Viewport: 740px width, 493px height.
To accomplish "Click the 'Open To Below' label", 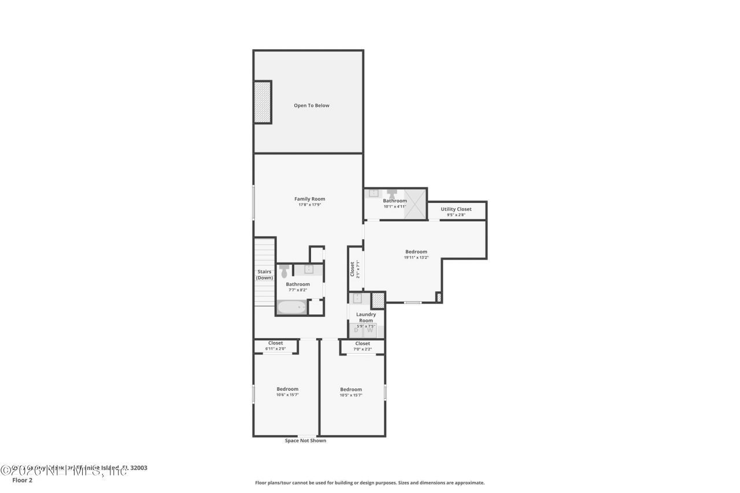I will pos(312,105).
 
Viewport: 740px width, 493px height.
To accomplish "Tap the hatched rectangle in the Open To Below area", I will pos(262,102).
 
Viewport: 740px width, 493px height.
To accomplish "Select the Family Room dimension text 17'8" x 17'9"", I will pos(310,205).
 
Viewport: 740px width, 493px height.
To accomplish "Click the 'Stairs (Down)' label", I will pos(265,275).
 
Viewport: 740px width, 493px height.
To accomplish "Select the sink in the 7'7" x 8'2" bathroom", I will pos(309,269).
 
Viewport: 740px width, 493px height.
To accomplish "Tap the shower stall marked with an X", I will pos(415,203).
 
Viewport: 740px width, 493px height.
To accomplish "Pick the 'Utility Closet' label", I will pos(456,209).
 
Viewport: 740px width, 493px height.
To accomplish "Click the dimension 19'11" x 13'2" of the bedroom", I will pos(416,257).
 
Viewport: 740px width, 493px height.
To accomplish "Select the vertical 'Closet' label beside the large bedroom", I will pos(352,269).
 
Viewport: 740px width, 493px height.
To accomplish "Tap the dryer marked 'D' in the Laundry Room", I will pos(356,331).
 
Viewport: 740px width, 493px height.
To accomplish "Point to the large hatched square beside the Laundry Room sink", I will pos(378,300).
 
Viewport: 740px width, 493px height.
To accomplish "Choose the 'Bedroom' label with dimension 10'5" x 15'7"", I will pos(351,389).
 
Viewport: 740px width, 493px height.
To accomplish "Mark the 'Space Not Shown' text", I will pos(305,440).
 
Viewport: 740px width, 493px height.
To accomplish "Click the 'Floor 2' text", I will pos(23,480).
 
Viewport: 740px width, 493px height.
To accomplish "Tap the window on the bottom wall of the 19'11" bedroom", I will pos(412,302).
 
